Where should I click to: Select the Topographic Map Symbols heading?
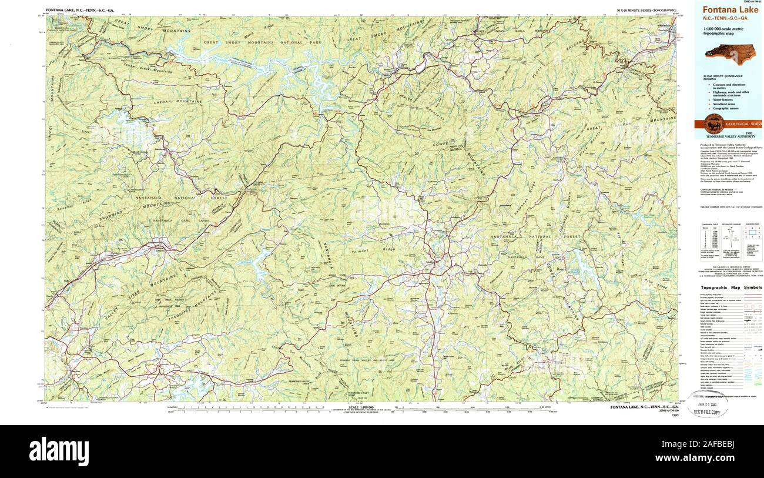point(731,288)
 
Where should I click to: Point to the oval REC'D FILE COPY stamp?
point(707,405)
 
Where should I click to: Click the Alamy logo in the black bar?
point(59,452)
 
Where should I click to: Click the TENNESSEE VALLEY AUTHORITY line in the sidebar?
point(729,136)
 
